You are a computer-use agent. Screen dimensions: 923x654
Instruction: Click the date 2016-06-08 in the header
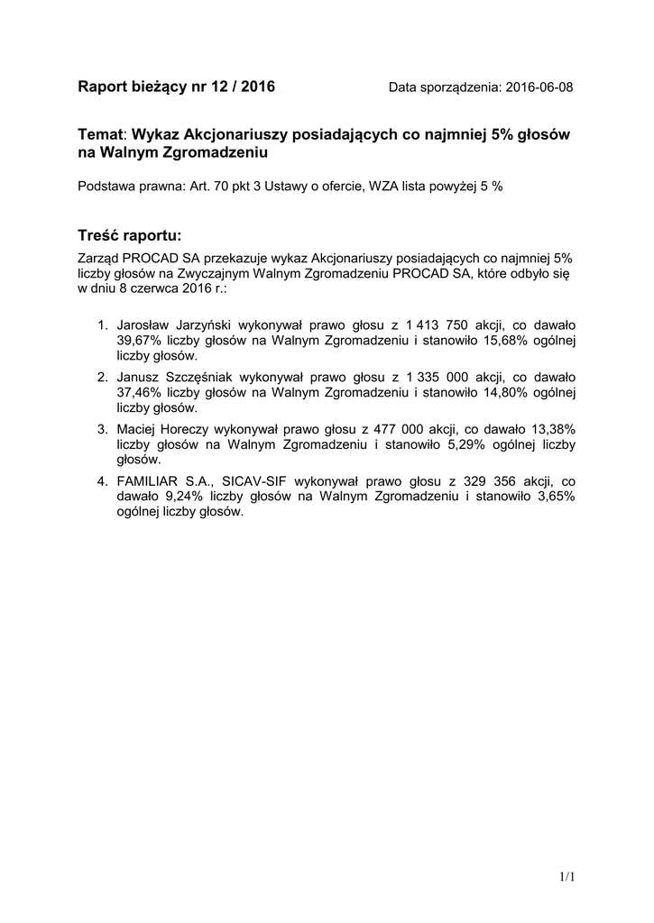(539, 87)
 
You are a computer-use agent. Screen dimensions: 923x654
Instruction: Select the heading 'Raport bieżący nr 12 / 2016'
(177, 87)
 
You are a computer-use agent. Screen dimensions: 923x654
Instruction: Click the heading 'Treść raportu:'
(130, 235)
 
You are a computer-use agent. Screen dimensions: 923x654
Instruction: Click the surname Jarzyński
(195, 324)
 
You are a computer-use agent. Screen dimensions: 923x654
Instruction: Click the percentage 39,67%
(138, 342)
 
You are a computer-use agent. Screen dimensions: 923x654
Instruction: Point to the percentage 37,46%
(138, 393)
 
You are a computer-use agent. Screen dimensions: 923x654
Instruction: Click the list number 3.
(102, 428)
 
